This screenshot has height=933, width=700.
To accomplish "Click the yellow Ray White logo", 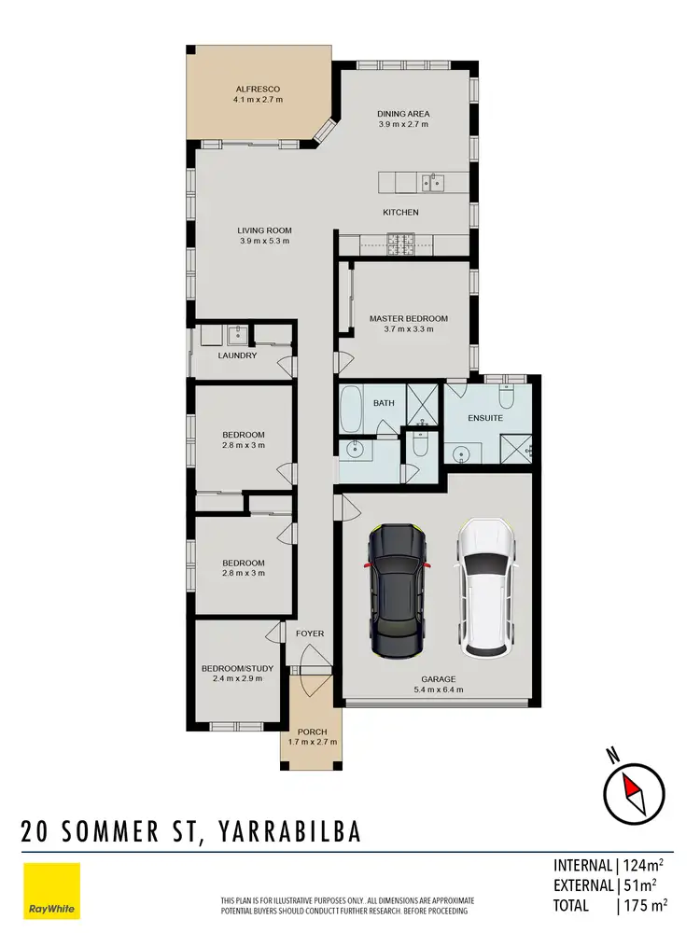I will tap(51, 890).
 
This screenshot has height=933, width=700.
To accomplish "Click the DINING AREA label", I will tap(403, 113).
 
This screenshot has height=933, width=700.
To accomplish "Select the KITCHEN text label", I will tap(401, 213).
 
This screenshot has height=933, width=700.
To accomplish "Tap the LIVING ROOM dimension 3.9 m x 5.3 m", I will tap(264, 241).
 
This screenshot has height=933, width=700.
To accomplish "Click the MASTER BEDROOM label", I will tap(408, 319).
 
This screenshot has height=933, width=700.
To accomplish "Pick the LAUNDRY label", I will tap(237, 355).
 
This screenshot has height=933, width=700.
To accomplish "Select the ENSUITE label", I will tap(486, 418).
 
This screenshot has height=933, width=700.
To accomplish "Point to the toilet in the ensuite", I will tap(506, 398).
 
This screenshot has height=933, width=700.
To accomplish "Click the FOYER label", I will tap(310, 634).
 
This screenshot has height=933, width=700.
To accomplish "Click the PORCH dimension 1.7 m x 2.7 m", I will tap(312, 743).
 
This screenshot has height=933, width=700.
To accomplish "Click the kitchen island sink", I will tap(433, 182).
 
